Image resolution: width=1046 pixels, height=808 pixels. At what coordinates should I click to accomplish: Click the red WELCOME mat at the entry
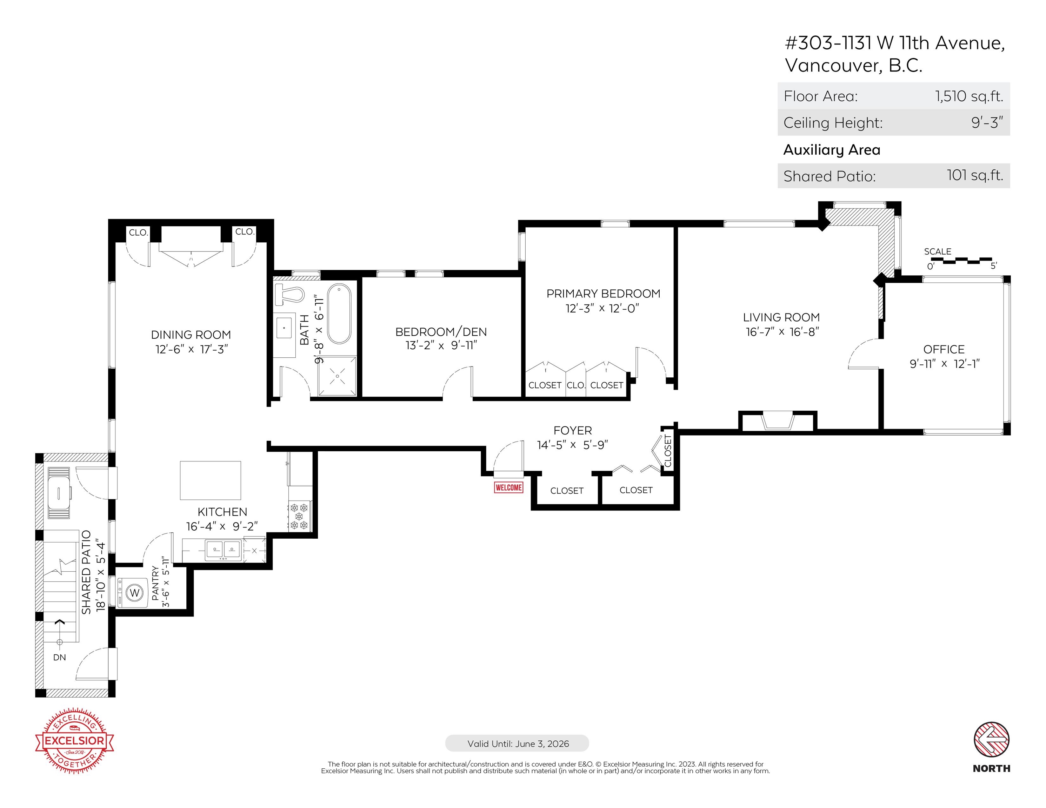509,487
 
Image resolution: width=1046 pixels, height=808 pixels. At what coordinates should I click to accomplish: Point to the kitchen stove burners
299,517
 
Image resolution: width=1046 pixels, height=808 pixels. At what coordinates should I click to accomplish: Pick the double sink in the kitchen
223,550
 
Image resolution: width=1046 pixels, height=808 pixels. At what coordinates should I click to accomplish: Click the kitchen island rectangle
210,480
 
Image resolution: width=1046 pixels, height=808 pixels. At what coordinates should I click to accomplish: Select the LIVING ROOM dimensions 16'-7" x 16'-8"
782,332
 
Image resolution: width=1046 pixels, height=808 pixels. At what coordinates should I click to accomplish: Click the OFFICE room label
944,349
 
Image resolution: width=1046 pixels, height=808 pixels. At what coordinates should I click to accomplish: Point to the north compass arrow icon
991,740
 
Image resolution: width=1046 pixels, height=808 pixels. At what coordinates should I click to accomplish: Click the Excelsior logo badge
74,741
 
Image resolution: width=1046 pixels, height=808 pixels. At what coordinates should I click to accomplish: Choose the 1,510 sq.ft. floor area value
969,96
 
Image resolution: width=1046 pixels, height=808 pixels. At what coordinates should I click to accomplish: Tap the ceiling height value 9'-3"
987,122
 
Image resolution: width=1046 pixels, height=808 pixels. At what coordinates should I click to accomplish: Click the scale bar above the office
961,261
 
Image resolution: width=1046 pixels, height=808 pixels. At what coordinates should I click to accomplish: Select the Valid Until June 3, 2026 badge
517,743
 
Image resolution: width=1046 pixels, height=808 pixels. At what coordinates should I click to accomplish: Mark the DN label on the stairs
59,657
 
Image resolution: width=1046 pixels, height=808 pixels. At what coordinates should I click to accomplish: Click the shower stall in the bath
337,376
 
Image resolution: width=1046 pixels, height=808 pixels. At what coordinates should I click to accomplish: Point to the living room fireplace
778,420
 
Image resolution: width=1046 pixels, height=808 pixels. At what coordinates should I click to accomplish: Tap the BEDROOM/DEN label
441,332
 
